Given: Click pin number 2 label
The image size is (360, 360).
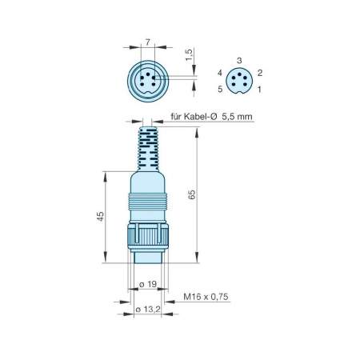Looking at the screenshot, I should pos(260,72).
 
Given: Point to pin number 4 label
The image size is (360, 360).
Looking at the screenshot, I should pos(218,72).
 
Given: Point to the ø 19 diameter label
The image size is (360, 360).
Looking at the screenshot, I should pos(146,284).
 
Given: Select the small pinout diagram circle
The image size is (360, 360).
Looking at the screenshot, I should pos(239,80).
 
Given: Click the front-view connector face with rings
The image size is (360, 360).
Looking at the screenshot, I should pos(146,81).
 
